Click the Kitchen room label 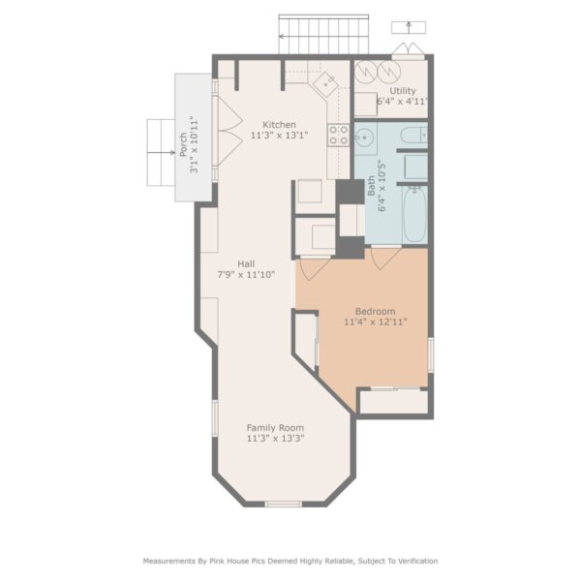tap(279, 125)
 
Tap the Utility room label tap(403, 91)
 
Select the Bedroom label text tap(375, 311)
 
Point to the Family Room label tap(275, 428)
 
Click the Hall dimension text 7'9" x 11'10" tap(246, 275)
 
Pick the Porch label tap(183, 144)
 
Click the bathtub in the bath tap(415, 214)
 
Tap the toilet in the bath tap(413, 136)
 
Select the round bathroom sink tap(364, 138)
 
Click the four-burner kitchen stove tap(339, 135)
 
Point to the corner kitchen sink tap(325, 84)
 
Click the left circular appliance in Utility tap(366, 71)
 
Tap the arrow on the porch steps tap(161, 153)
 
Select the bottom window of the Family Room tap(284, 504)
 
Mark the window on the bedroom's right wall tap(431, 355)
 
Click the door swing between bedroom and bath tap(386, 258)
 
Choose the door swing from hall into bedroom tap(314, 268)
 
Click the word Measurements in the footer tap(169, 561)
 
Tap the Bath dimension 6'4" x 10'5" tap(382, 186)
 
